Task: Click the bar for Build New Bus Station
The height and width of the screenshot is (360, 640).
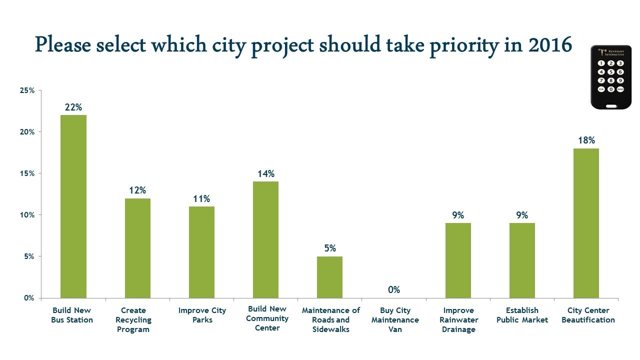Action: tap(73, 206)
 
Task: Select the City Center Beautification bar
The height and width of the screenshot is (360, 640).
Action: tap(586, 223)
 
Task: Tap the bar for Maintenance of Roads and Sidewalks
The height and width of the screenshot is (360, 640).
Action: tap(329, 277)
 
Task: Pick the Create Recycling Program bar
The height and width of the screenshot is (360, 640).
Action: tap(137, 248)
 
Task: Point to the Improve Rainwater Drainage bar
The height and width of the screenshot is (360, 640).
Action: tap(458, 260)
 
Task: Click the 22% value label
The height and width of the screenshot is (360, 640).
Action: tap(73, 107)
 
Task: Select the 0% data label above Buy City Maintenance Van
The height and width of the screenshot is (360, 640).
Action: tap(394, 289)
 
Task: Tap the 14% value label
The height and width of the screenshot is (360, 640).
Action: tap(266, 173)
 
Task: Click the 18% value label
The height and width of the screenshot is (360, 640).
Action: tap(586, 140)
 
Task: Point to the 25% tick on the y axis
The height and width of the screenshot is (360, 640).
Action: tap(27, 90)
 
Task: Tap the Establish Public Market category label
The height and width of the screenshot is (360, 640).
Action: tap(522, 315)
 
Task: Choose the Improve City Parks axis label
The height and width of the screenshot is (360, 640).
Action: tap(202, 315)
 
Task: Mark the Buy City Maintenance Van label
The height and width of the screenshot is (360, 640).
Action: tap(395, 320)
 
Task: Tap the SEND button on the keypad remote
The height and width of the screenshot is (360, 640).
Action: tap(620, 89)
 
